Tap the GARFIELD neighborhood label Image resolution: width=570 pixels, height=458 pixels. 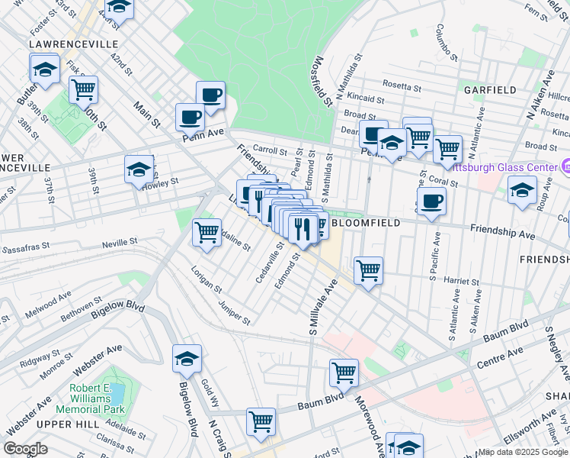(x=490, y=90)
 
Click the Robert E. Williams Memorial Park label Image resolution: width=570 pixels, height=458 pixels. (x=98, y=398)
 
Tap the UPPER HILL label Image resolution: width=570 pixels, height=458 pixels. (x=64, y=424)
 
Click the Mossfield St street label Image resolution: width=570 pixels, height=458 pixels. (x=323, y=80)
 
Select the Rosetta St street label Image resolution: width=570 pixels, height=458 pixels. (x=402, y=85)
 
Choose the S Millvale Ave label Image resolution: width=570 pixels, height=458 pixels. (x=322, y=306)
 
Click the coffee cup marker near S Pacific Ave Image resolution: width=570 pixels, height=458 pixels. (x=431, y=202)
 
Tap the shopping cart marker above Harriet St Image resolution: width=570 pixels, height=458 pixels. (x=368, y=269)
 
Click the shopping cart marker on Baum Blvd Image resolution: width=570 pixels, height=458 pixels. (x=344, y=373)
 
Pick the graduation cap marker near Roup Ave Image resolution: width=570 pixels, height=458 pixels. (x=522, y=189)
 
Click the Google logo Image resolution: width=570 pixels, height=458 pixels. (x=25, y=449)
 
